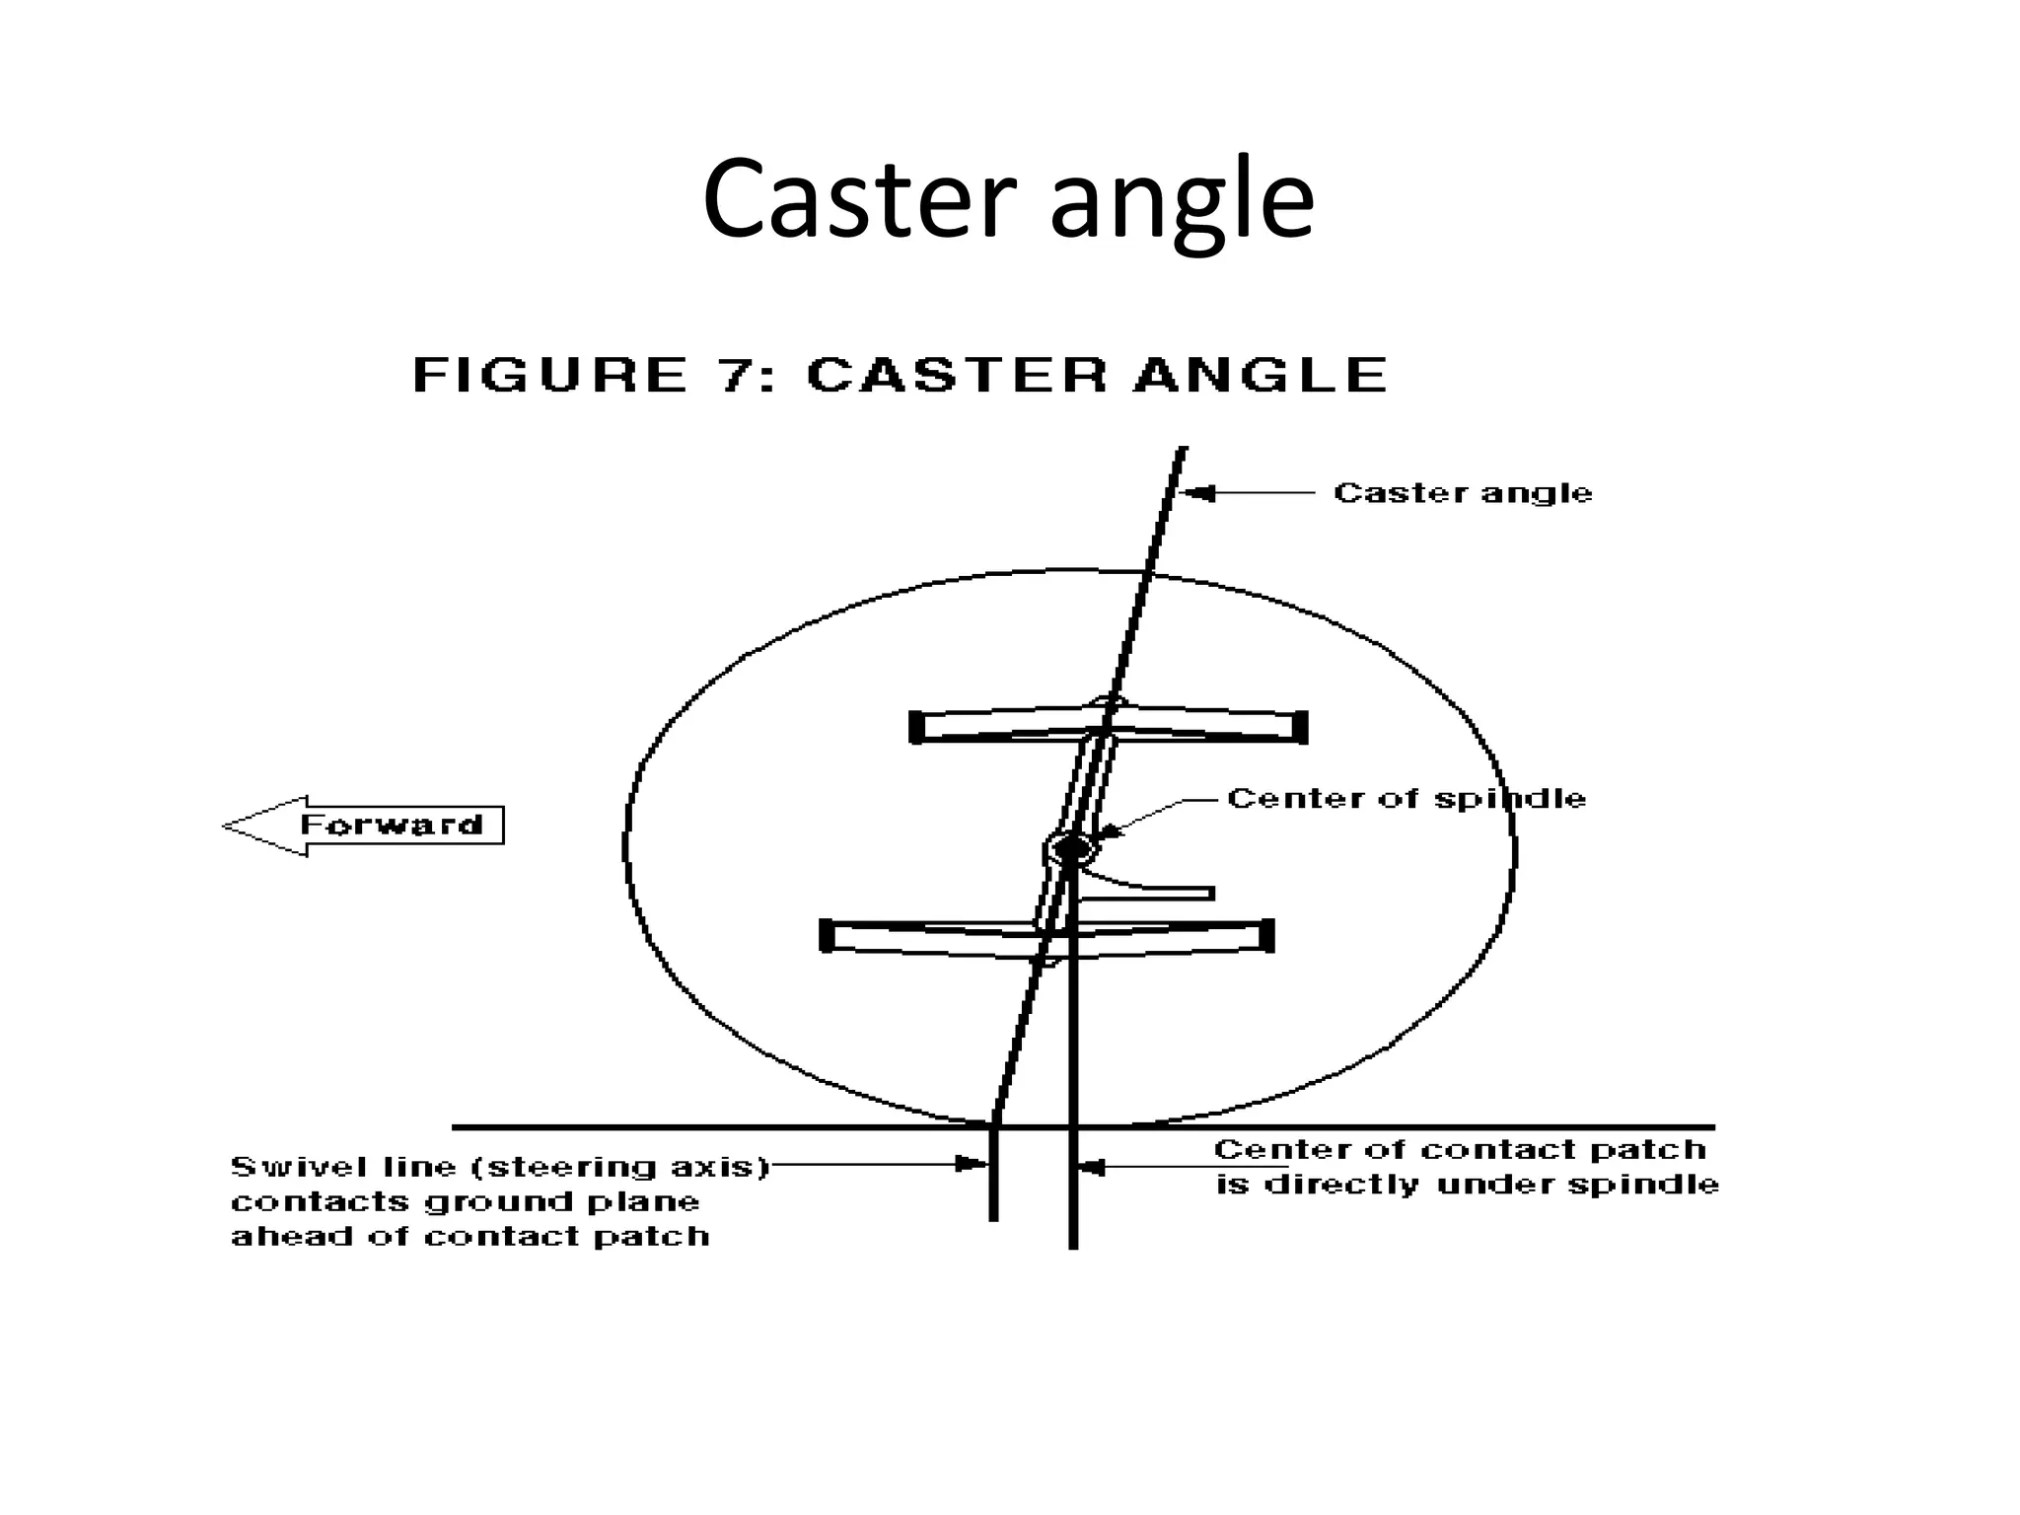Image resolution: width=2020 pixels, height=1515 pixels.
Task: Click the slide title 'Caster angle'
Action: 1008,199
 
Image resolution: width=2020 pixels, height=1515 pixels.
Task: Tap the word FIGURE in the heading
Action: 549,375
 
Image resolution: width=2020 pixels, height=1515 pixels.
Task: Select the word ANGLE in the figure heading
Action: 1261,375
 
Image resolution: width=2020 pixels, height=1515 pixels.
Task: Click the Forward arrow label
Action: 392,826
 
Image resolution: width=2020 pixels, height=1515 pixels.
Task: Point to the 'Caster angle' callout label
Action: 1463,492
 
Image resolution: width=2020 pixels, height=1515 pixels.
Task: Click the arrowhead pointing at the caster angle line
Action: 1198,492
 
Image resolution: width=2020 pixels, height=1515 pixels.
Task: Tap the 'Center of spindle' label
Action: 1407,798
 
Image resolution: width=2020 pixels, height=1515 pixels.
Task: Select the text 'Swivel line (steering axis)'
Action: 500,1167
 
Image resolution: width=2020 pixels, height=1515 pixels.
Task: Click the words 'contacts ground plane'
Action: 466,1201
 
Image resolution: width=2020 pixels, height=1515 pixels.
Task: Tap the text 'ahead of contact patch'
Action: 470,1236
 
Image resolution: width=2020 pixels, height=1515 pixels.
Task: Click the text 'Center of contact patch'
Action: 1460,1149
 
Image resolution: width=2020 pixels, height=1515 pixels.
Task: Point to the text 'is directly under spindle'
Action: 1468,1184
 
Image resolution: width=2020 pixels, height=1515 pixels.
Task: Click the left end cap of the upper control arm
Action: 915,727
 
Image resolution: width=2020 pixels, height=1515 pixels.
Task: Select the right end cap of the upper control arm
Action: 1300,727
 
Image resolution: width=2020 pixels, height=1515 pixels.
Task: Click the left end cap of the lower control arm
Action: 826,935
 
